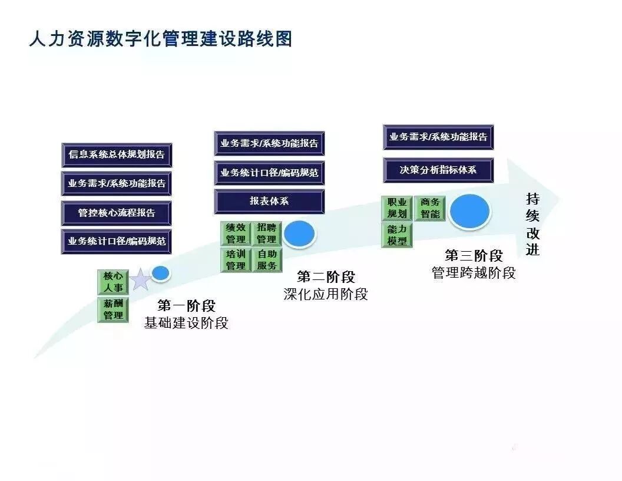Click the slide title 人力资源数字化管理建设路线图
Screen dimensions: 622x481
161,39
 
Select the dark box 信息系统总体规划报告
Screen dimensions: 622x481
117,155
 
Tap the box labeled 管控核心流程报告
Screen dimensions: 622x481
117,213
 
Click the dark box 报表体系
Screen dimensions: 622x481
269,201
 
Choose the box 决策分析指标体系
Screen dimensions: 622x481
438,170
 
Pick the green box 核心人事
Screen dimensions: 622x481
113,282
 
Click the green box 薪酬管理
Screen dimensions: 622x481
113,309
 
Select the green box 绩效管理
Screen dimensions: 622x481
236,233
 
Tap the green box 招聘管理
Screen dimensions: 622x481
267,233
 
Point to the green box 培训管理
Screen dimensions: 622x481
236,260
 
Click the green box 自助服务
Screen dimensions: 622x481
267,260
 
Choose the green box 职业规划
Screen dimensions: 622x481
397,208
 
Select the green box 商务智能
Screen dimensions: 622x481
430,208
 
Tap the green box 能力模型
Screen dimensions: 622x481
397,235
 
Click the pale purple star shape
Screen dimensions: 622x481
140,279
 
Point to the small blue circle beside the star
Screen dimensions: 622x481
161,273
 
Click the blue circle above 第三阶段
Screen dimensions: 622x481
470,212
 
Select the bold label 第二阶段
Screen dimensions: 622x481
326,276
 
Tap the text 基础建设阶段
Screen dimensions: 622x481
186,323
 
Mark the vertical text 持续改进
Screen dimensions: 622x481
532,224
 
